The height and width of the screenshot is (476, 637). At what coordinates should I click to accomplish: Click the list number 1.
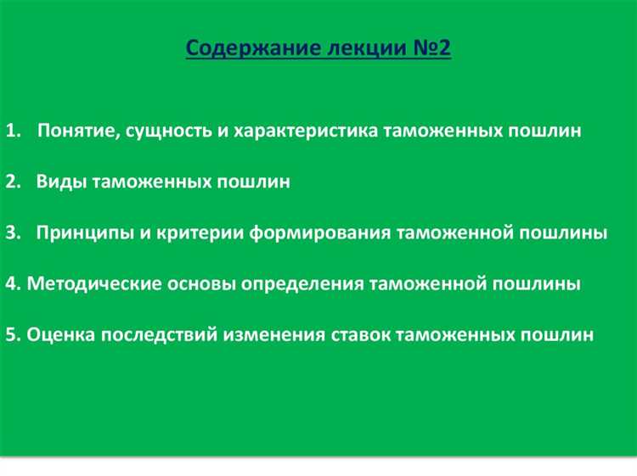pos(9,132)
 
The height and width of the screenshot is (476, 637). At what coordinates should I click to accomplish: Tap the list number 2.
pos(9,182)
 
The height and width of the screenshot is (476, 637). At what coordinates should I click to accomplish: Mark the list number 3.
pos(9,233)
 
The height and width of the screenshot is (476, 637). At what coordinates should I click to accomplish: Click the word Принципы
pos(77,233)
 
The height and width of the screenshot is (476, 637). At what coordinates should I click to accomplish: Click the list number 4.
pos(9,284)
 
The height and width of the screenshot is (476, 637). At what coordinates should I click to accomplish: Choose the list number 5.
pos(9,334)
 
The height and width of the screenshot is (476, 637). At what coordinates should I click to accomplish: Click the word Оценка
pos(60,334)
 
